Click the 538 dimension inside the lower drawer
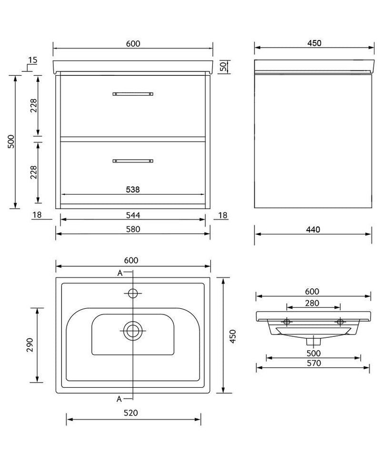pos(133,189)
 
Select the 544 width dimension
pos(133,215)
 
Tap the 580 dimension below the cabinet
pos(133,229)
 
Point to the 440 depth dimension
pos(313,230)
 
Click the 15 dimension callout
pos(32,60)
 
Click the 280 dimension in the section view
pos(312,303)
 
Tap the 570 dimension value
pos(313,363)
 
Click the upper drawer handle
pos(133,94)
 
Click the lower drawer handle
pos(133,161)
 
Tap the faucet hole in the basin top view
pos(133,292)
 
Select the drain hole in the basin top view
pos(133,330)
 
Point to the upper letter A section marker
pos(120,273)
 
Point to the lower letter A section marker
pos(120,398)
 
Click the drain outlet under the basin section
pos(313,341)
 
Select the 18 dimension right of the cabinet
pos(223,215)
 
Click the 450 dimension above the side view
pos(314,43)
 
